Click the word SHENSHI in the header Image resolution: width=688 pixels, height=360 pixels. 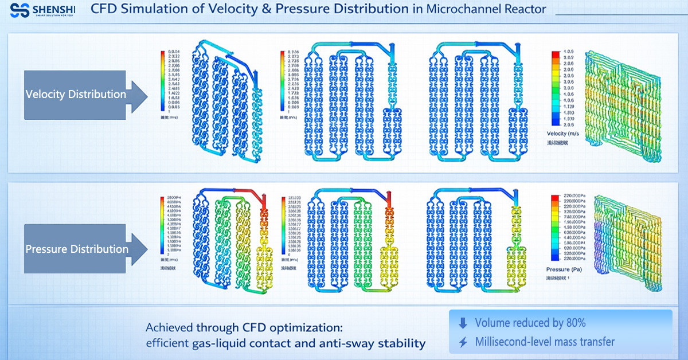[x=54, y=8]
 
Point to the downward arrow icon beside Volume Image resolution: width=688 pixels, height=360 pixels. [x=463, y=323]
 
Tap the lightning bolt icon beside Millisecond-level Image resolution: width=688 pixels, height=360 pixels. [x=463, y=342]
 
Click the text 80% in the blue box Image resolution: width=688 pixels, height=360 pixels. [x=574, y=323]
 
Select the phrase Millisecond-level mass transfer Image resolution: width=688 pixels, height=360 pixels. [x=545, y=342]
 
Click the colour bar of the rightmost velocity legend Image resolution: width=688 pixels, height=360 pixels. [x=556, y=88]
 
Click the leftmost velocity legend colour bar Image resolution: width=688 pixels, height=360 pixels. [x=163, y=80]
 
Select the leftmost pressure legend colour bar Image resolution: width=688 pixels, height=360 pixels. [x=163, y=225]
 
